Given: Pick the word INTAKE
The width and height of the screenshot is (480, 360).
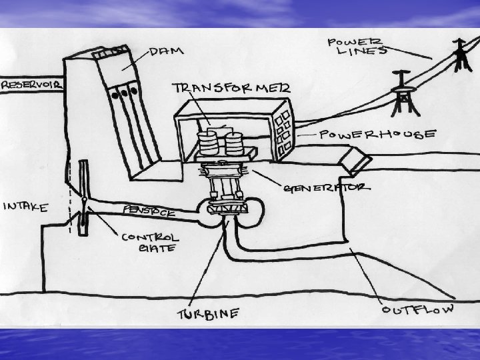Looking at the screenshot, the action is coord(25,207).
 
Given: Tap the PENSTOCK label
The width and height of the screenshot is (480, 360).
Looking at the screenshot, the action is coord(149,211).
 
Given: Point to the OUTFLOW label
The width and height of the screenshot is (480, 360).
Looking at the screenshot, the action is coord(419,309).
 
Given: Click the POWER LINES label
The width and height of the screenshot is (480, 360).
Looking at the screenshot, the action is coord(357,47).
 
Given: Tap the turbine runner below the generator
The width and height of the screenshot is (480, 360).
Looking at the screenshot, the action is coord(227,210).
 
